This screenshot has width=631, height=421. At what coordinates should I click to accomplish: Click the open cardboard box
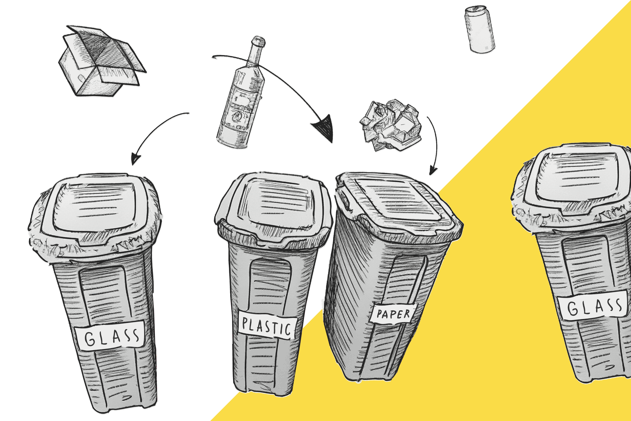pyautogui.click(x=101, y=62)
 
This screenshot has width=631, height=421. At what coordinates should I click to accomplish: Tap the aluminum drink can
pyautogui.click(x=480, y=29)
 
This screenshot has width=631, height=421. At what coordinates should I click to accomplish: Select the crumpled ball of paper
pyautogui.click(x=391, y=125)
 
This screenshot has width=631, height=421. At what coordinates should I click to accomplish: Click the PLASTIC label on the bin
pyautogui.click(x=267, y=326)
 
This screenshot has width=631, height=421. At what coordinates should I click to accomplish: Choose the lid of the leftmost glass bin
pyautogui.click(x=95, y=215)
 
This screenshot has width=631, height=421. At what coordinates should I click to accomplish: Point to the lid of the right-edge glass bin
pyautogui.click(x=574, y=185)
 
